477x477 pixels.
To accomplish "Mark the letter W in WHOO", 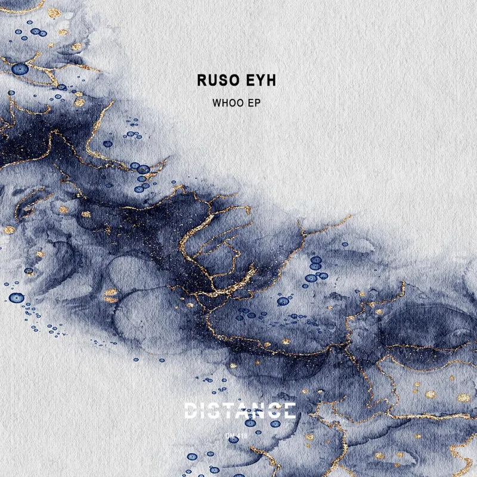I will pos(216,103).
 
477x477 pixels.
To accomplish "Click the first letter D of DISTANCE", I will pos(191,410).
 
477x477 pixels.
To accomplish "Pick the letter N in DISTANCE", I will pos(262,410).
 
